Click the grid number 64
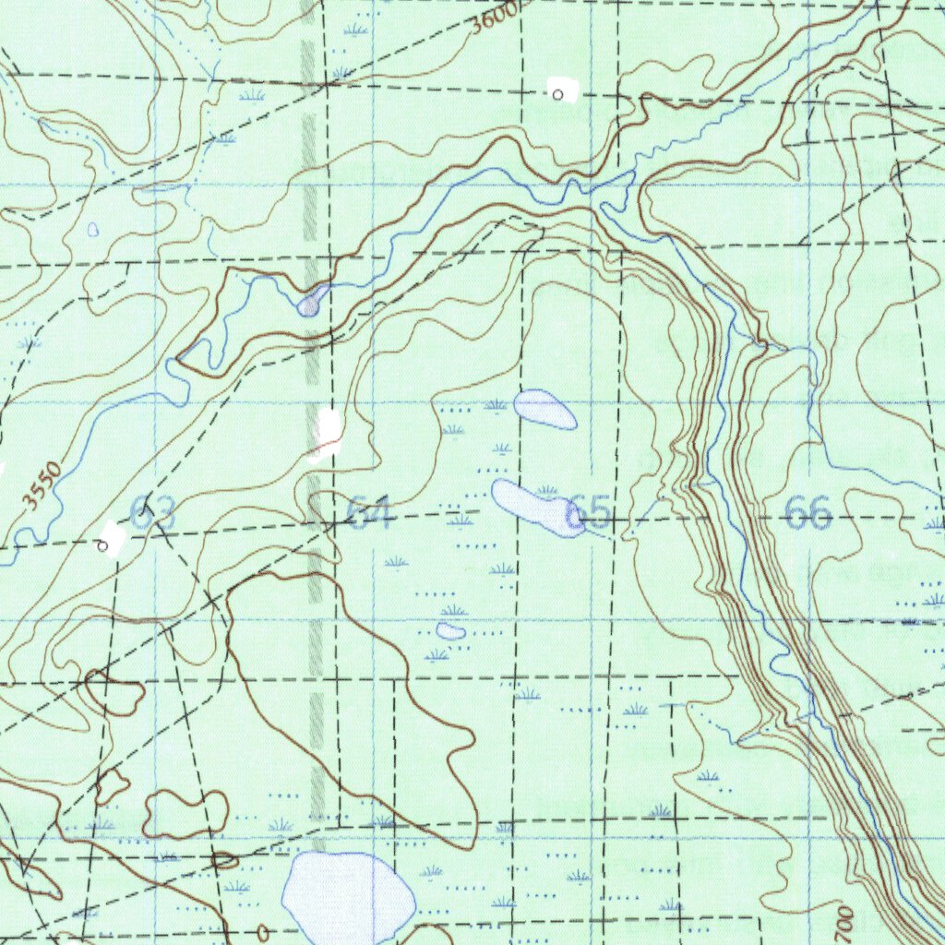(370, 513)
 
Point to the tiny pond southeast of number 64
(451, 631)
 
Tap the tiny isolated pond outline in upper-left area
(92, 229)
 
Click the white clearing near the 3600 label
(562, 90)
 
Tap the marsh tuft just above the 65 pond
(546, 490)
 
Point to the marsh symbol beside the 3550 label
(30, 343)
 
